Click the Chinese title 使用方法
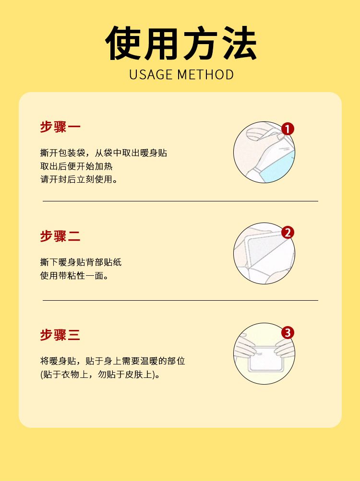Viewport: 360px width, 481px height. tap(181, 43)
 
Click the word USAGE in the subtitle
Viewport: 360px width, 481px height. tap(151, 74)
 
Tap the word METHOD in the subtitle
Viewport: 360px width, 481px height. tap(206, 74)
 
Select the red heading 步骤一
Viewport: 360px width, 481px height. tap(60, 127)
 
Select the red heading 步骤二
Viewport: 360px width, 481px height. tap(60, 236)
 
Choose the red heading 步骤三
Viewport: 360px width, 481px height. tap(60, 335)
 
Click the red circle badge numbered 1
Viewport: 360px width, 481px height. tap(288, 129)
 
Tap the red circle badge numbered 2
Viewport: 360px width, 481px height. tap(288, 233)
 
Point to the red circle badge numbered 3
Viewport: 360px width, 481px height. tap(288, 333)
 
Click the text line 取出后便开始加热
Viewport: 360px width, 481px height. tap(76, 166)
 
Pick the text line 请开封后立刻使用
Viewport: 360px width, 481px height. tap(79, 179)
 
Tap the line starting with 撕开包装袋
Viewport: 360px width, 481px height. tap(104, 153)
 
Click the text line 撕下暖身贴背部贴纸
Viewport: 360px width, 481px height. tap(81, 262)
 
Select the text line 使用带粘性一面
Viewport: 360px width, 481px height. tap(74, 275)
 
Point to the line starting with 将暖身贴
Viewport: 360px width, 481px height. tap(112, 361)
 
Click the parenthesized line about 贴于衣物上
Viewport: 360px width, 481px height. tap(100, 375)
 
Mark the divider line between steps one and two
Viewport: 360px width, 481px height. tap(180, 201)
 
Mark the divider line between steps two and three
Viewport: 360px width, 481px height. tap(180, 300)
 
